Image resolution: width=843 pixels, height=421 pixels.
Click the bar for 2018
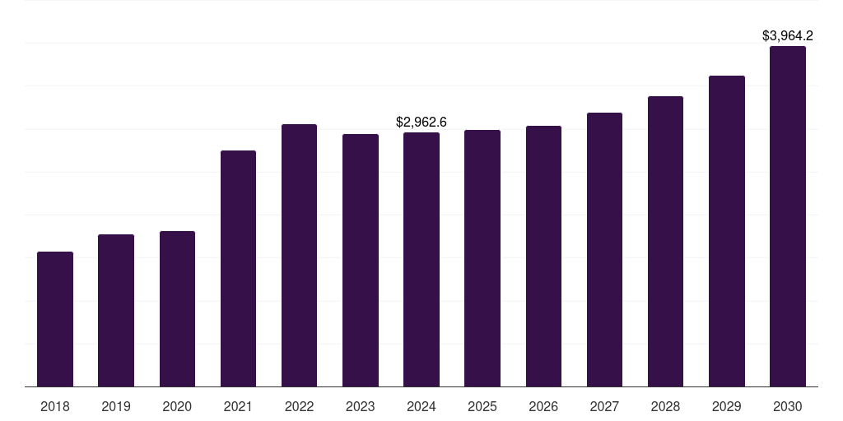click(55, 319)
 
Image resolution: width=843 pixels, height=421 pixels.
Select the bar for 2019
click(116, 310)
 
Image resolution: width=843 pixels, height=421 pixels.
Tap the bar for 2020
click(178, 309)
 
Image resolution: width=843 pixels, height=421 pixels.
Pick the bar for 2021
click(238, 269)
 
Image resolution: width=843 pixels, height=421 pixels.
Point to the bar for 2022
click(300, 256)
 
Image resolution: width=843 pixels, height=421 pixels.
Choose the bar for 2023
click(361, 261)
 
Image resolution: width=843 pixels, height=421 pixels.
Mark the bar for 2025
click(482, 258)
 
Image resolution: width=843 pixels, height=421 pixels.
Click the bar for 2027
click(604, 250)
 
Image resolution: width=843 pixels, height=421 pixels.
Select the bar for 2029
click(727, 231)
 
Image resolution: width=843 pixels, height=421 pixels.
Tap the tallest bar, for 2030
click(788, 216)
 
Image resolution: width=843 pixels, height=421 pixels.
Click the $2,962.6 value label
click(421, 122)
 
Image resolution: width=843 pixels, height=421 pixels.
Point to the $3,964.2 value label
click(788, 35)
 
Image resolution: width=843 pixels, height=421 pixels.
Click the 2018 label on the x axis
click(55, 406)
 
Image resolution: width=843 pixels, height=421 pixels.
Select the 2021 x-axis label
click(238, 406)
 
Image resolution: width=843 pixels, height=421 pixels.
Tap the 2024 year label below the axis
click(421, 406)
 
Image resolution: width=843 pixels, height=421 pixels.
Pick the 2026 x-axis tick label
click(543, 406)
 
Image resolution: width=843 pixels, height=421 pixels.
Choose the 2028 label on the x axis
click(665, 406)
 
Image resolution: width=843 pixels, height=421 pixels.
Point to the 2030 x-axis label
click(788, 406)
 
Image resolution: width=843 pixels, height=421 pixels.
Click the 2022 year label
click(300, 406)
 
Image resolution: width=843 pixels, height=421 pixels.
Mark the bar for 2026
click(543, 257)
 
